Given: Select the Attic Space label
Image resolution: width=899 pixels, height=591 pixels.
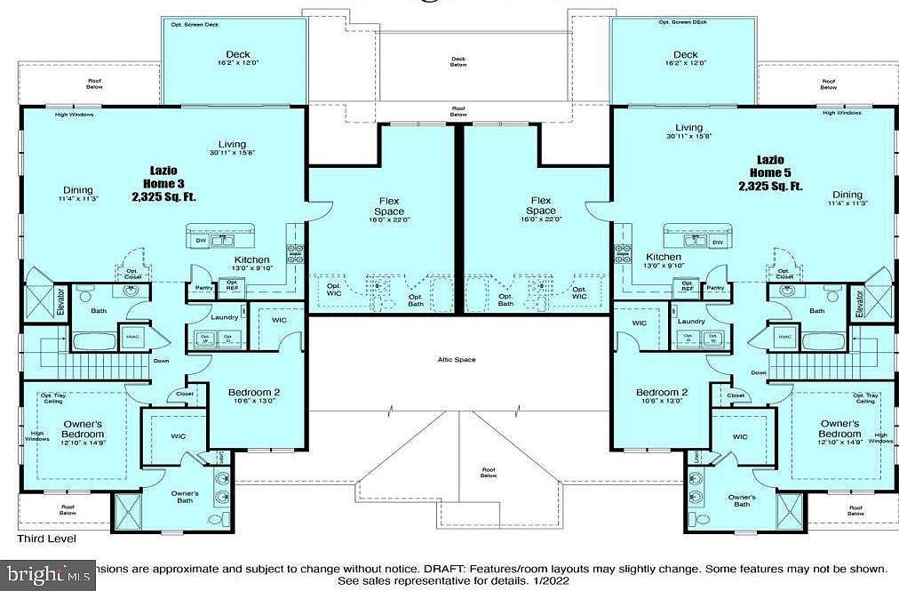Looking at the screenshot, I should pyautogui.click(x=457, y=359).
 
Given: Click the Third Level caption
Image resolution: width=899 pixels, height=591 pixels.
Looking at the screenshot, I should pyautogui.click(x=47, y=539).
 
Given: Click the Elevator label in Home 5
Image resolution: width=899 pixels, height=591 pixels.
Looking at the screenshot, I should pyautogui.click(x=858, y=303).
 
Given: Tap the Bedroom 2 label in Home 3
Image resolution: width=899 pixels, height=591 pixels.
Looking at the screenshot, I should pyautogui.click(x=254, y=393).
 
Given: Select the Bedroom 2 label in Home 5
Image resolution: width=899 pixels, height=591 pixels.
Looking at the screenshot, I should pyautogui.click(x=662, y=393).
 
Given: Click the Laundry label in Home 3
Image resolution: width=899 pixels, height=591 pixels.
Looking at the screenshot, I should pyautogui.click(x=223, y=316).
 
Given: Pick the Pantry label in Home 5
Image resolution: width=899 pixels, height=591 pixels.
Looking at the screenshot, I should pyautogui.click(x=714, y=288).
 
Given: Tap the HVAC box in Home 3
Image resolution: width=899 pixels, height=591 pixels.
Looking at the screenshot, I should pyautogui.click(x=134, y=338).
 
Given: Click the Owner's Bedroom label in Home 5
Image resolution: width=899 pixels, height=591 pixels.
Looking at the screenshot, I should pyautogui.click(x=839, y=428).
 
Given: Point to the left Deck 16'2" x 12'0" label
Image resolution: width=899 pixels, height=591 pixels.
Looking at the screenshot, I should pyautogui.click(x=235, y=59).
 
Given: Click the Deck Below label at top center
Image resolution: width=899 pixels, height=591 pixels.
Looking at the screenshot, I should pyautogui.click(x=458, y=61).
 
